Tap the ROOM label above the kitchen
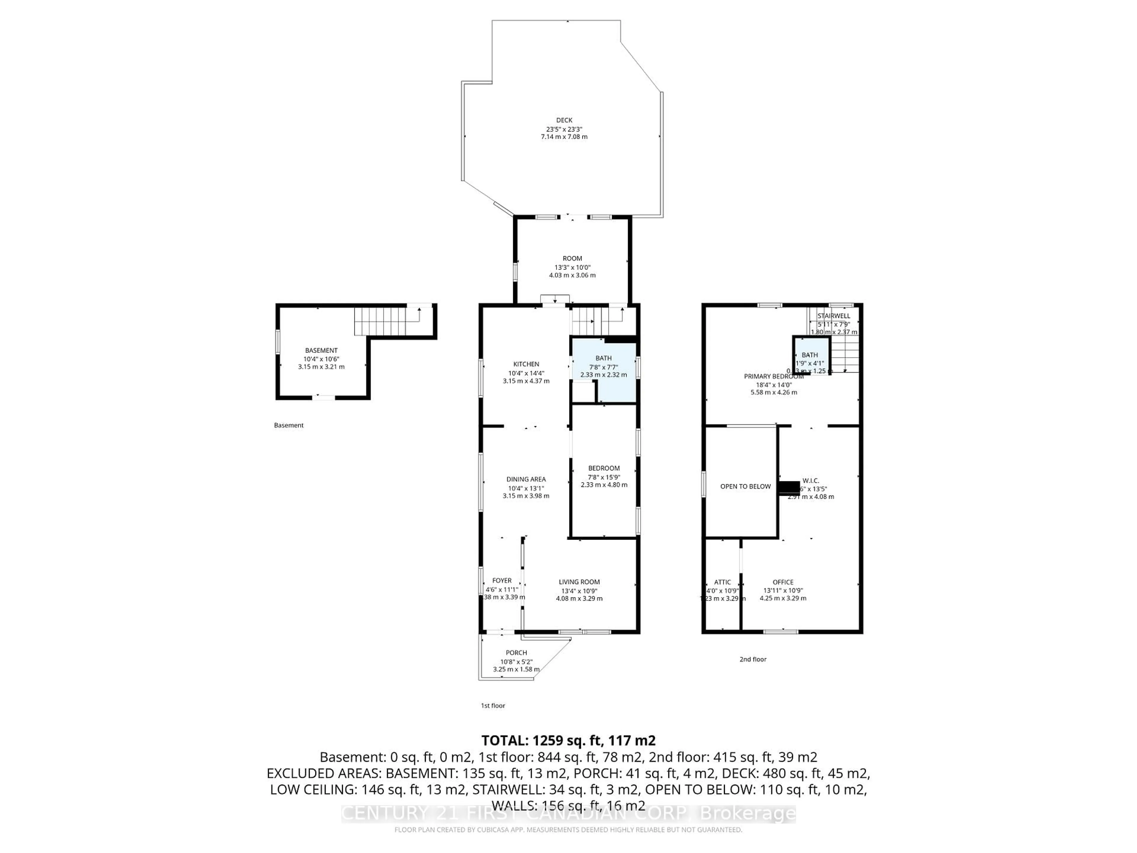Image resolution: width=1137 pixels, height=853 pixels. pyautogui.click(x=572, y=259)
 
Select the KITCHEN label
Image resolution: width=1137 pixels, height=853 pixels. pyautogui.click(x=526, y=364)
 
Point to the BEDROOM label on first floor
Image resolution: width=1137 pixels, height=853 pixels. pyautogui.click(x=604, y=468)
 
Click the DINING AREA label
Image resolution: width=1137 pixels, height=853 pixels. pyautogui.click(x=526, y=479)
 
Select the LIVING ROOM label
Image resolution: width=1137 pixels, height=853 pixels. pyautogui.click(x=579, y=582)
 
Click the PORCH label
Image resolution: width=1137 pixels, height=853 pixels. pyautogui.click(x=516, y=653)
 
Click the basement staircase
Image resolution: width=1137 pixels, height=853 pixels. pyautogui.click(x=380, y=321)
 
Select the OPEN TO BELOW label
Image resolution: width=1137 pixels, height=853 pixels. pyautogui.click(x=745, y=486)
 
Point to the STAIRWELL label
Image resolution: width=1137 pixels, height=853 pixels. pyautogui.click(x=834, y=316)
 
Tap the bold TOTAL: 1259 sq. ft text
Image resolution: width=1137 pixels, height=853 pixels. pyautogui.click(x=568, y=740)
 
